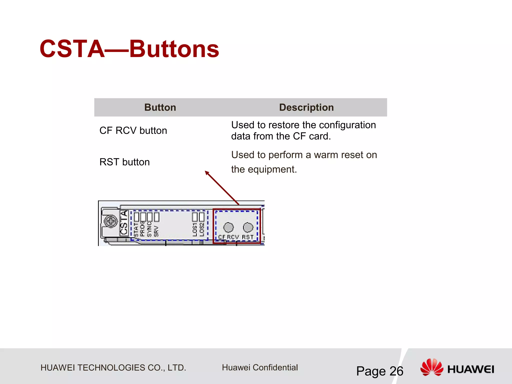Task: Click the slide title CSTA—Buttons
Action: click(x=129, y=49)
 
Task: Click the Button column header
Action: click(x=160, y=107)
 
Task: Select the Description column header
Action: click(x=306, y=107)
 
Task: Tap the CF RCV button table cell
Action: click(x=133, y=130)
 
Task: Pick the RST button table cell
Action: click(x=124, y=162)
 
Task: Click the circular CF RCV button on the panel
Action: click(x=228, y=227)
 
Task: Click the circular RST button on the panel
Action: click(x=248, y=227)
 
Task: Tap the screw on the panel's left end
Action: click(x=110, y=221)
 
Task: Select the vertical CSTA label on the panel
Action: click(x=124, y=222)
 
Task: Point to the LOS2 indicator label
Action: click(x=202, y=229)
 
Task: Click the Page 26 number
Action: click(x=379, y=371)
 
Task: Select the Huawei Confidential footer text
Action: click(x=260, y=367)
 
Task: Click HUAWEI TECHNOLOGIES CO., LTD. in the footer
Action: click(x=113, y=368)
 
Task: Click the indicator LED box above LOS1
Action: click(x=195, y=217)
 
